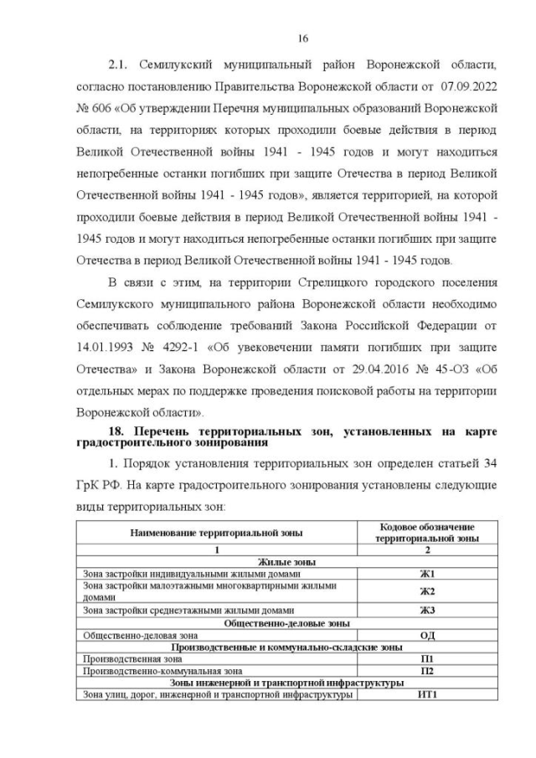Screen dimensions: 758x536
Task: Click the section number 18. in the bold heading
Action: tap(121, 431)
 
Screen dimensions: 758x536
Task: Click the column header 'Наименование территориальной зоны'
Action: tap(216, 532)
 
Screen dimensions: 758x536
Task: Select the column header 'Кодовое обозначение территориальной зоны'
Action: tap(427, 532)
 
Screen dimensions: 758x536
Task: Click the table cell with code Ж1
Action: tap(427, 574)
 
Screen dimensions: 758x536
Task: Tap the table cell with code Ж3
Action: tap(427, 610)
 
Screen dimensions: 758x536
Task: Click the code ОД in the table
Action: tap(427, 635)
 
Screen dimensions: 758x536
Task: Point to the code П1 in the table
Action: tap(427, 658)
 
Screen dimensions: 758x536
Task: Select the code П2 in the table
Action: tap(427, 670)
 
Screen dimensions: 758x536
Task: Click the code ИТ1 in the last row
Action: tap(427, 694)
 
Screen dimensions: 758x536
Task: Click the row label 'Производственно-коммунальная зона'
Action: tap(162, 670)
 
